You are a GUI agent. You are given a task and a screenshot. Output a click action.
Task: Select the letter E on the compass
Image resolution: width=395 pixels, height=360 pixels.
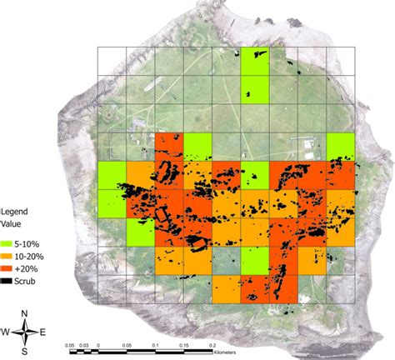42,332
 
